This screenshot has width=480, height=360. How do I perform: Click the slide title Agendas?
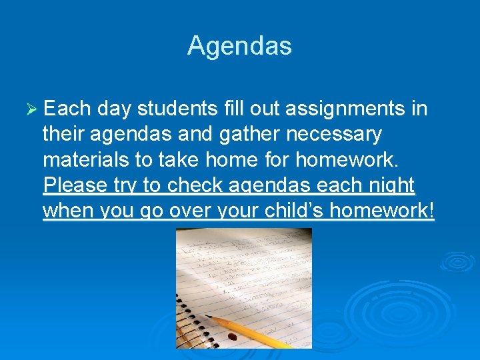[x=239, y=46]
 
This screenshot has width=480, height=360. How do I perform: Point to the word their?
[x=64, y=134]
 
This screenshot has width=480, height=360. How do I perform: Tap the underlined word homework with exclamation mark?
[x=383, y=211]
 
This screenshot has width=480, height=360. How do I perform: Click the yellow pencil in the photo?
[x=253, y=332]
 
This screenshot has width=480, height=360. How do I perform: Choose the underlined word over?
[x=179, y=211]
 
